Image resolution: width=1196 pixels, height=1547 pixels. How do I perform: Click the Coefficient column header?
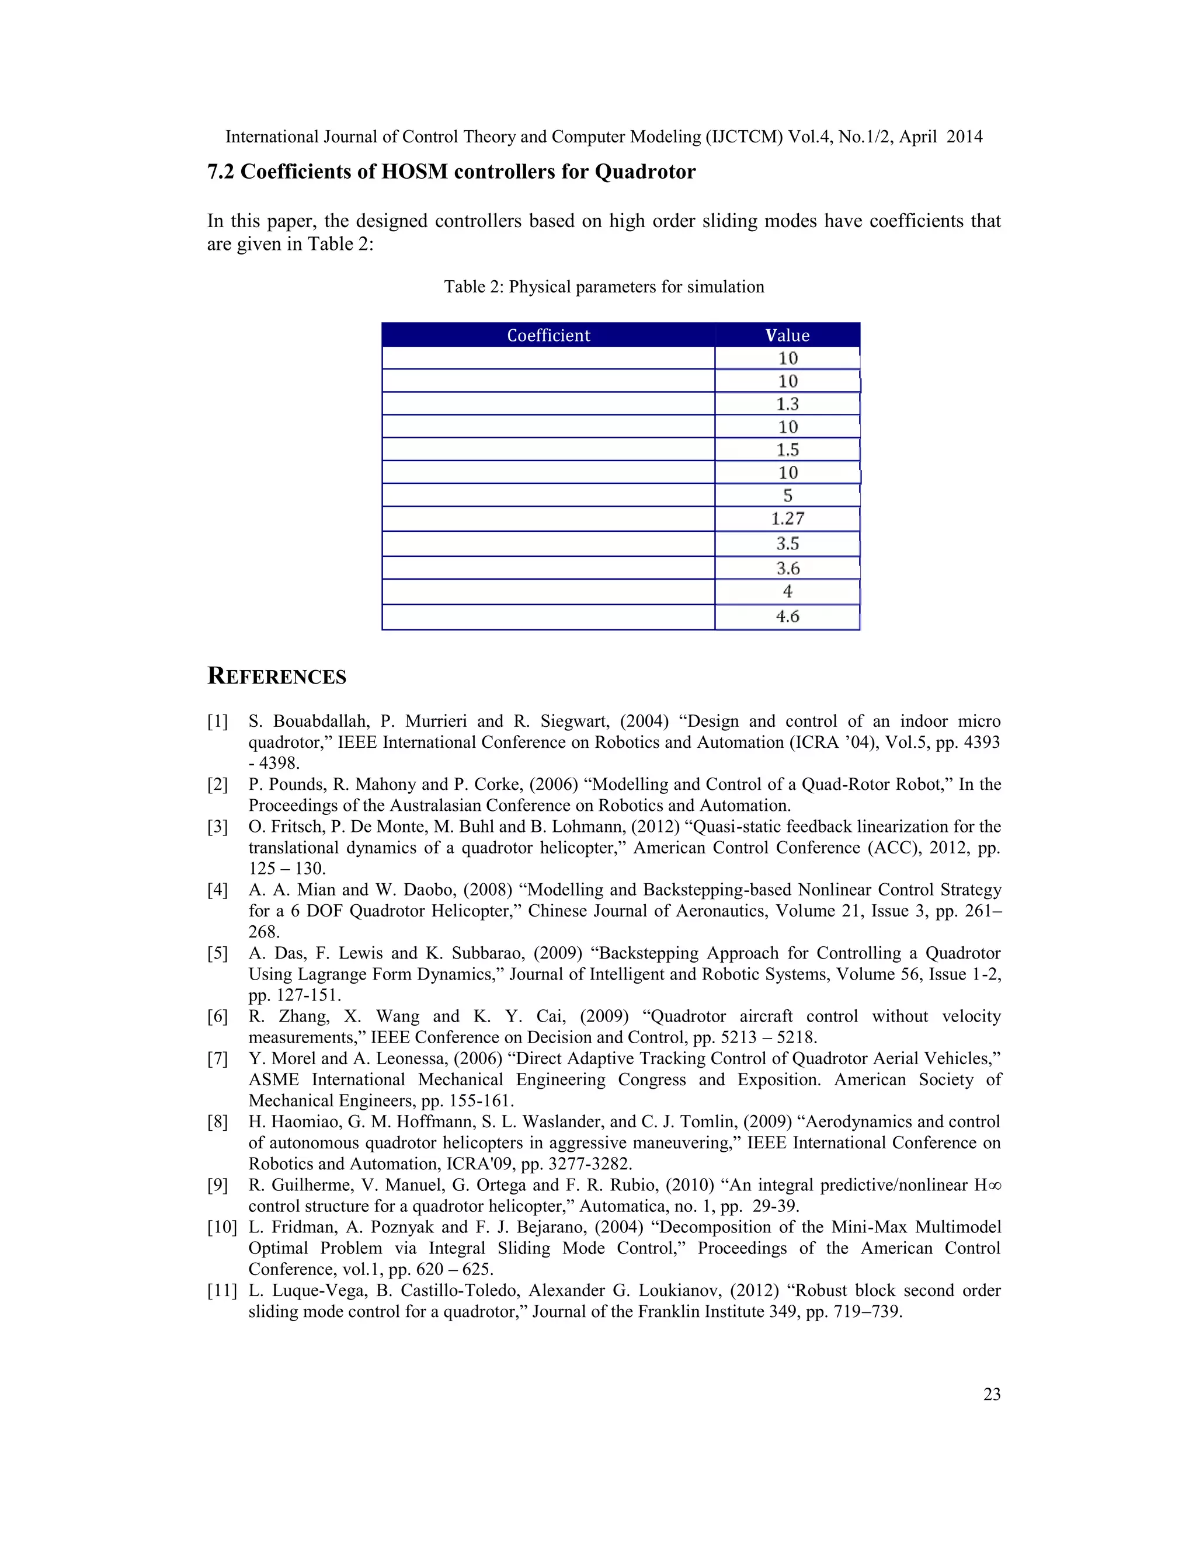(x=548, y=335)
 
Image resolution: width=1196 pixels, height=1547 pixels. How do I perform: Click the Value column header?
(x=787, y=335)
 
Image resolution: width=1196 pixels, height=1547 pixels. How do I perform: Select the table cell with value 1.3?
(x=787, y=404)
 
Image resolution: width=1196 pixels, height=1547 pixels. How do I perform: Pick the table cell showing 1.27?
(x=787, y=518)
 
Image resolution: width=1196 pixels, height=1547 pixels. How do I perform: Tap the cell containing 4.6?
(x=787, y=616)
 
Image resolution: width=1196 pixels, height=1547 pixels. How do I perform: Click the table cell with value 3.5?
(x=787, y=543)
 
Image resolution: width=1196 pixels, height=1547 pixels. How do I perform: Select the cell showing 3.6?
(x=787, y=568)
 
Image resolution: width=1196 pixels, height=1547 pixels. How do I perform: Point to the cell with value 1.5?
(x=787, y=450)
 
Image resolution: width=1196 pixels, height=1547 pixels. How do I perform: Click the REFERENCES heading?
(x=276, y=677)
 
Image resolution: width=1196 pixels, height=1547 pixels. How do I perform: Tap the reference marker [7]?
(x=217, y=1059)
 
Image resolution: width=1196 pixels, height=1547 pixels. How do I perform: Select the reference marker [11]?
(x=222, y=1291)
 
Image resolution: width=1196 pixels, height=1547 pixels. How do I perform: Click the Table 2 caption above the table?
(x=604, y=287)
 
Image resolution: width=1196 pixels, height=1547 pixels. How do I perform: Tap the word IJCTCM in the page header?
(x=744, y=137)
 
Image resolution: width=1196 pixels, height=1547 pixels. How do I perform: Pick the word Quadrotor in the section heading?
(x=645, y=172)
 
